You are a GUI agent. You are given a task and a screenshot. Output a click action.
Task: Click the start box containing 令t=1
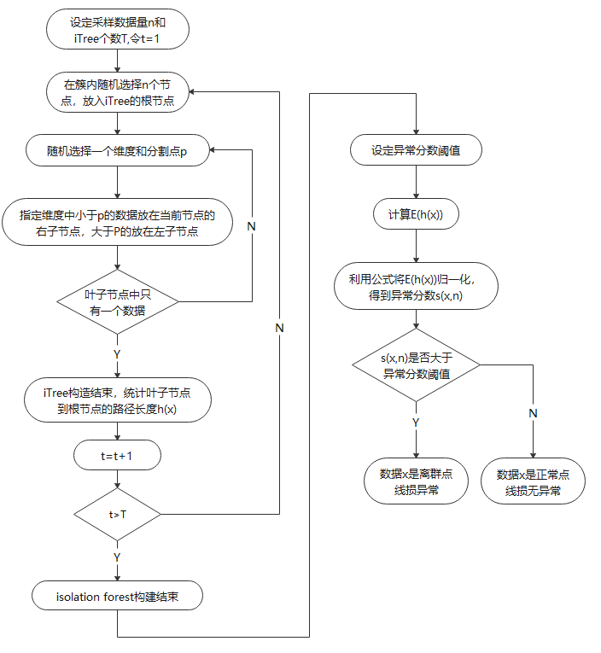click(116, 31)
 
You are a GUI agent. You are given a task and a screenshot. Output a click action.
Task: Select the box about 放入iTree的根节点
click(116, 92)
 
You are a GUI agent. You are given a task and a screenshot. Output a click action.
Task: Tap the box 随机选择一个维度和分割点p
click(116, 151)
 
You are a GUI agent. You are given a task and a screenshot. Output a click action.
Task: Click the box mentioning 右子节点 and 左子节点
click(116, 223)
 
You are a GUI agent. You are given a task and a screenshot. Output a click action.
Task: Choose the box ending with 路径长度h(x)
click(116, 401)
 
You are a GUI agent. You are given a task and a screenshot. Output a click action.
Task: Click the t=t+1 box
click(116, 457)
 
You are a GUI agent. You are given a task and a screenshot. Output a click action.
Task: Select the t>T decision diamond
click(116, 515)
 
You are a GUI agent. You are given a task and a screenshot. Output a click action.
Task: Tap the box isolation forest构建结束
click(116, 596)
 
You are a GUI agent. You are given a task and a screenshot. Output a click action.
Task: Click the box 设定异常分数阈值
click(416, 151)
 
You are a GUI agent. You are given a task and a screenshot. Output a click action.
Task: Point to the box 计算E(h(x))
click(416, 214)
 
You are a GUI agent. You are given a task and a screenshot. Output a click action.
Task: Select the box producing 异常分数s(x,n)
click(416, 287)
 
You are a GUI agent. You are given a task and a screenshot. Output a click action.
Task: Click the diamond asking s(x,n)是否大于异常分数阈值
click(416, 365)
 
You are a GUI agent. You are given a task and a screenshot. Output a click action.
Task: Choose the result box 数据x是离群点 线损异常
click(416, 483)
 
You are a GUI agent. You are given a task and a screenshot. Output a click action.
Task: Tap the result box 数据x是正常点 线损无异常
click(534, 483)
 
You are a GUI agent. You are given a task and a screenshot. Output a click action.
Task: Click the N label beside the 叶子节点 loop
click(251, 226)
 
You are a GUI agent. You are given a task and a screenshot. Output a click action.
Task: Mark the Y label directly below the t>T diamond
click(117, 557)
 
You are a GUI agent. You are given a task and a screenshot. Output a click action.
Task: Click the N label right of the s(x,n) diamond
click(533, 413)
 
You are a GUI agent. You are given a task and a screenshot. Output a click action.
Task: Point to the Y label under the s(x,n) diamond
click(416, 422)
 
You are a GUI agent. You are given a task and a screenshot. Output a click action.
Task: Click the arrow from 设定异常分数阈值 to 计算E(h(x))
click(416, 183)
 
